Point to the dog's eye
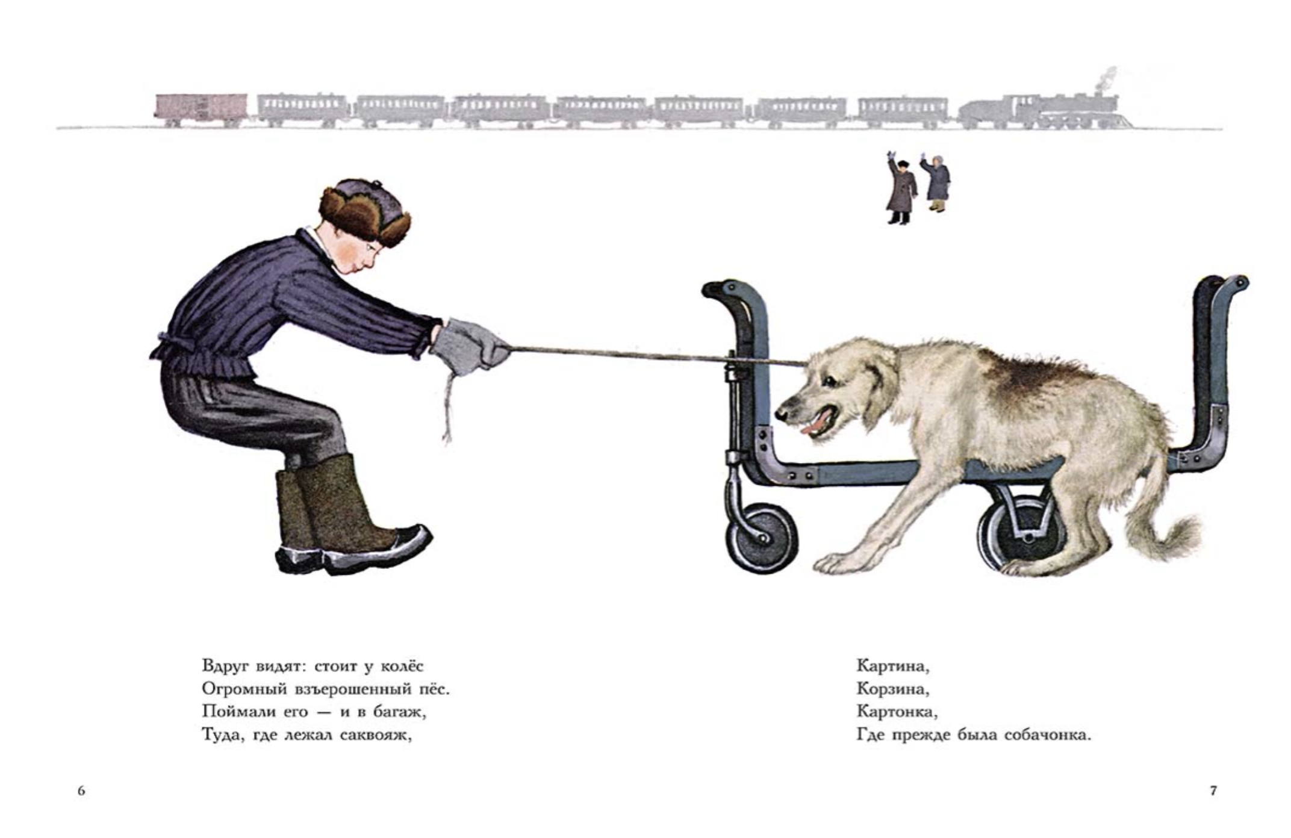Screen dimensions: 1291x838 [830, 381]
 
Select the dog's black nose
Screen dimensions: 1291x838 [781, 414]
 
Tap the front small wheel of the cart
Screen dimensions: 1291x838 [762, 538]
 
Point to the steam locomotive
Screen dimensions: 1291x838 [1045, 112]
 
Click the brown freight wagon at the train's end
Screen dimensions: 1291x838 [201, 110]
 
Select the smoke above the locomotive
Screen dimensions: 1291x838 [1107, 79]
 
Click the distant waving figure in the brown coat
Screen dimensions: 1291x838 [901, 188]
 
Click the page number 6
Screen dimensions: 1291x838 [81, 790]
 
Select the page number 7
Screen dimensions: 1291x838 [1213, 790]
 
